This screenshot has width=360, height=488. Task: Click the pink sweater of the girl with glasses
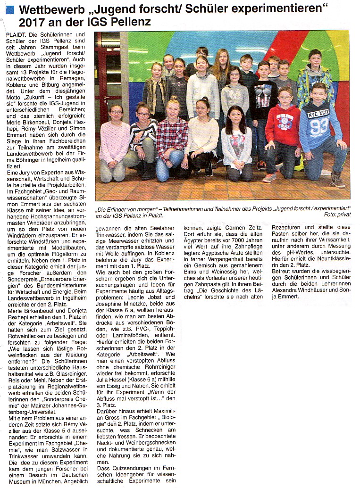click(114, 141)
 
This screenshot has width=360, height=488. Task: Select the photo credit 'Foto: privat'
click(337, 215)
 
